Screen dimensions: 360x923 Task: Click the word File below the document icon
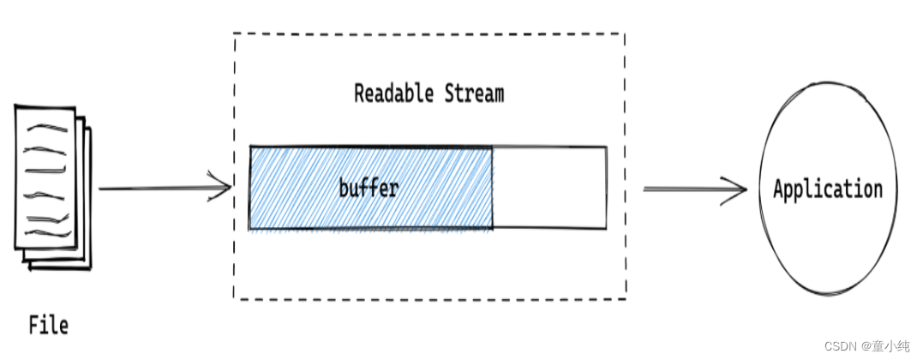[48, 326]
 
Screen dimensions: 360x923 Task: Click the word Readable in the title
[395, 93]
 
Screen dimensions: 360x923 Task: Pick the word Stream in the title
[474, 93]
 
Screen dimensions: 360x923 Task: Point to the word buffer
[369, 188]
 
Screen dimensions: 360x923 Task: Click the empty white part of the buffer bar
[549, 188]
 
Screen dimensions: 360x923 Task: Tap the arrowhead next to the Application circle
[738, 189]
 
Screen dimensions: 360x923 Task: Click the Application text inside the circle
[827, 189]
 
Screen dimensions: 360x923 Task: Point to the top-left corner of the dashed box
[235, 35]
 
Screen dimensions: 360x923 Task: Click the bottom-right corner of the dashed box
[625, 298]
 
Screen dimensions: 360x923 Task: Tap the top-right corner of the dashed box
[624, 34]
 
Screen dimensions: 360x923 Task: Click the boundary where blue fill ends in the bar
[493, 188]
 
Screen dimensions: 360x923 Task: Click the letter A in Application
[779, 189]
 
